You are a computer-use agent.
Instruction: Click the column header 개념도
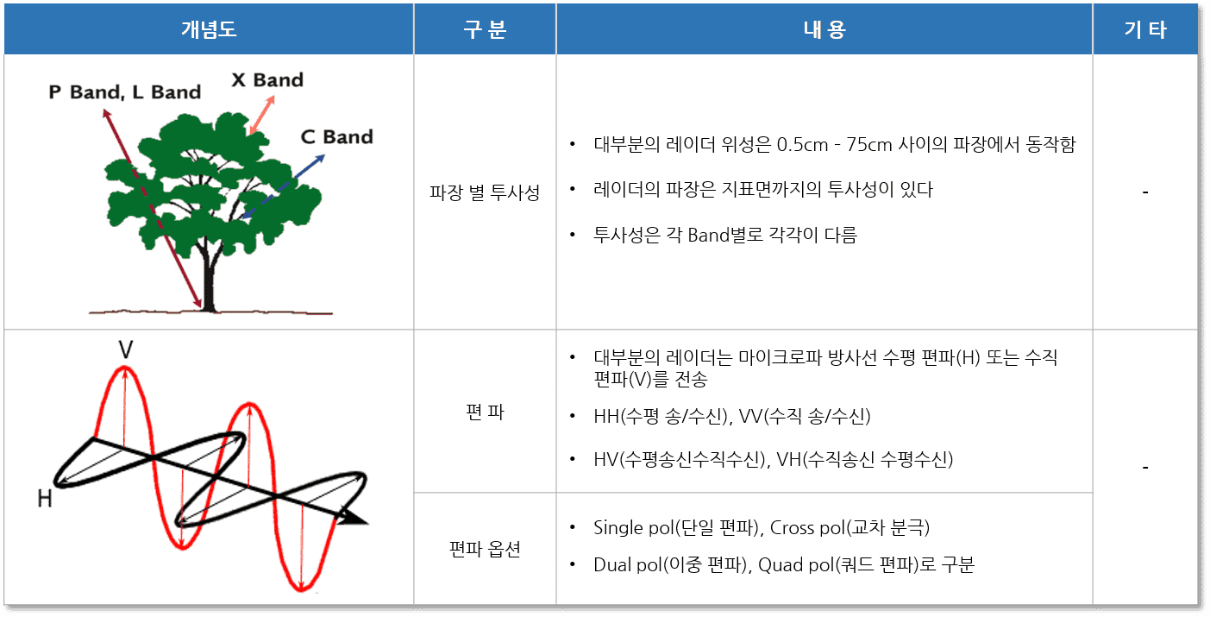pos(208,30)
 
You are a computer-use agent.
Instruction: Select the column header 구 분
pos(485,30)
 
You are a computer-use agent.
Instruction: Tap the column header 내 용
pos(824,30)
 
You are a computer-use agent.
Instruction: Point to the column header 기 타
pos(1144,30)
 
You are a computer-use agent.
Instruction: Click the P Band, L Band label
pos(124,92)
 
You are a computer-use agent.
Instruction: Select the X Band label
pos(267,80)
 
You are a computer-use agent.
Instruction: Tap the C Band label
pos(336,137)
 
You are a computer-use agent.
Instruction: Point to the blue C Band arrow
pos(285,185)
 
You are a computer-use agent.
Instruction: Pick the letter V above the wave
pos(126,349)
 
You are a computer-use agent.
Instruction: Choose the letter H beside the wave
pos(45,498)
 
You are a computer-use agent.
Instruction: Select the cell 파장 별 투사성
pos(484,193)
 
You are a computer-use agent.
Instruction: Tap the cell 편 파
pos(484,412)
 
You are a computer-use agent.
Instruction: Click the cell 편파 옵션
pos(484,549)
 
